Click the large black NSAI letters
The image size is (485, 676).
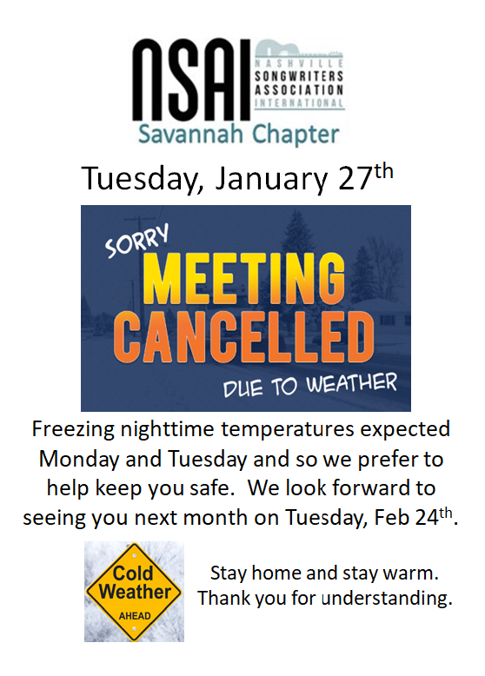coord(191,81)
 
